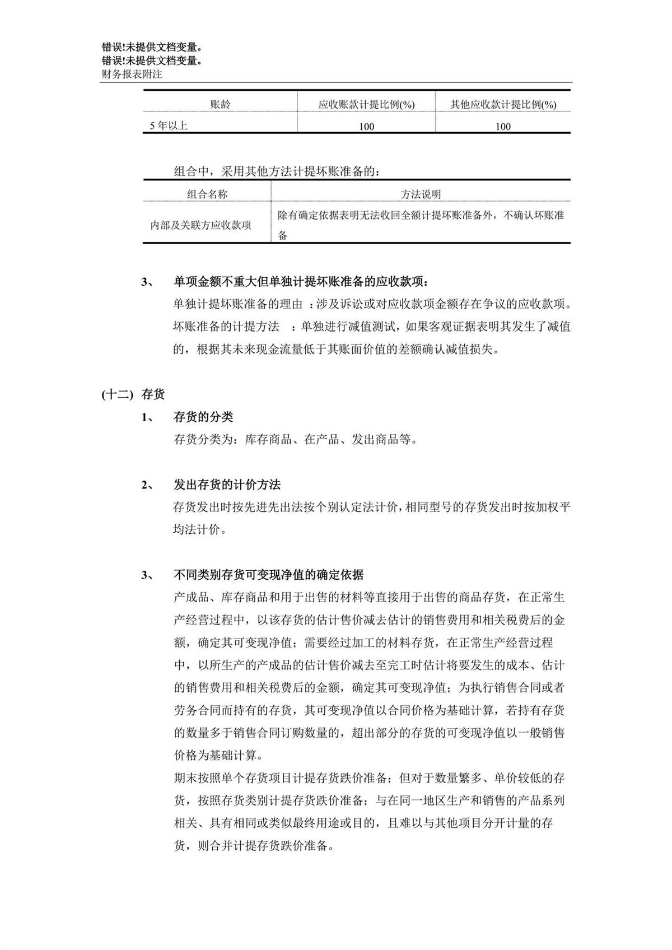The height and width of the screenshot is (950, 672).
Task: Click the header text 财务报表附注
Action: tap(132, 73)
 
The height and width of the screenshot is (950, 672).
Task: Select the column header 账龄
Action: tap(220, 104)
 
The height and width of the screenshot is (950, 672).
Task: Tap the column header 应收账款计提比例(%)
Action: tap(366, 104)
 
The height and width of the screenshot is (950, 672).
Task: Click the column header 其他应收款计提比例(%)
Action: tap(503, 104)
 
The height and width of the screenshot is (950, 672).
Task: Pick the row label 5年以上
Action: tap(169, 126)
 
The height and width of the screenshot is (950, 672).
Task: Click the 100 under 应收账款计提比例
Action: tap(366, 127)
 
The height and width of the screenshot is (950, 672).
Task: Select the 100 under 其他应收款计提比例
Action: tap(503, 127)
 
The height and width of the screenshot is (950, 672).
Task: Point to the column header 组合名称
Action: tap(207, 194)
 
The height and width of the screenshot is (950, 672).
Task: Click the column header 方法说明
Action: tap(421, 194)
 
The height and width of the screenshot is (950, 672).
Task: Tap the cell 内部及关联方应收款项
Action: tap(201, 225)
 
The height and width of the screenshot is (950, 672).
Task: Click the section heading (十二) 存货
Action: tap(133, 394)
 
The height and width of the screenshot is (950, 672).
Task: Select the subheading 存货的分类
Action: tap(203, 417)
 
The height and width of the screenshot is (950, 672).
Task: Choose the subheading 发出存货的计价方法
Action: tap(227, 485)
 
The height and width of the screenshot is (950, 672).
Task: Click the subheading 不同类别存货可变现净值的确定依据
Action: tap(268, 575)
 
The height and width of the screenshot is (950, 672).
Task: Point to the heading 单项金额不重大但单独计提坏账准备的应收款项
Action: tap(303, 281)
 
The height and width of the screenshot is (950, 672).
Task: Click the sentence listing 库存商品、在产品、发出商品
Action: tap(296, 439)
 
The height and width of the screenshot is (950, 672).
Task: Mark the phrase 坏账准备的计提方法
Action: tap(226, 327)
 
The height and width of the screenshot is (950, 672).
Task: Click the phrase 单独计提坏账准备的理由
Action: tap(238, 304)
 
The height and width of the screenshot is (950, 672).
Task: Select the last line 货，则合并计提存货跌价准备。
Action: tap(254, 845)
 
